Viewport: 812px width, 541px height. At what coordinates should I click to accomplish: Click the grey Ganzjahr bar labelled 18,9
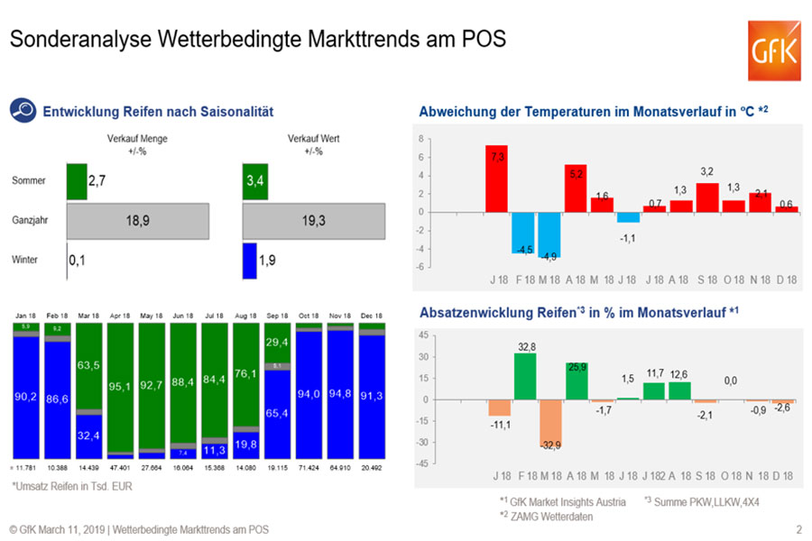coord(138,219)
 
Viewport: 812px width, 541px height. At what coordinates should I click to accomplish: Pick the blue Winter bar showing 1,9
coord(250,261)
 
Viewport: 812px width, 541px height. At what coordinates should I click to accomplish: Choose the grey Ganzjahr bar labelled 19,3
coord(314,219)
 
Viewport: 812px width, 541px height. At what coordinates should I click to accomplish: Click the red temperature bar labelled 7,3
coord(496,179)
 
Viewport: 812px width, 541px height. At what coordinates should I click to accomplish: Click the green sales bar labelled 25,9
coord(577,381)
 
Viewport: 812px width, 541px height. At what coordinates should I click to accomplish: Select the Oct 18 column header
coord(309,316)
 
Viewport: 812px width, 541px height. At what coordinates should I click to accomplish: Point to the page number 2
coord(798,529)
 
